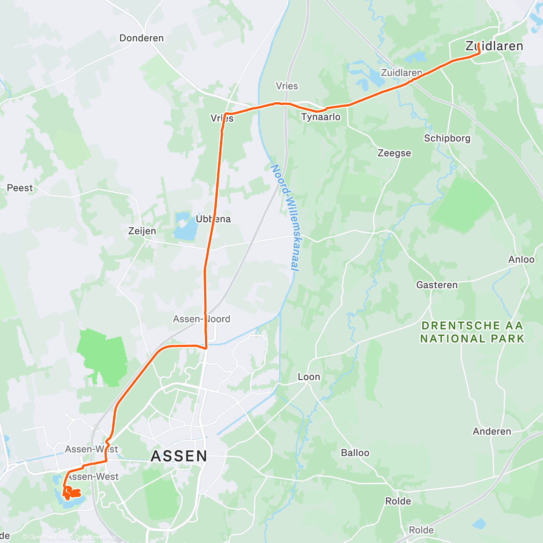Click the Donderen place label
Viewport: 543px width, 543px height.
(x=141, y=38)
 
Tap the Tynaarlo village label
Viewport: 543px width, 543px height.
(x=321, y=117)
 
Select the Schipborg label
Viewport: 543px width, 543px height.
(x=447, y=138)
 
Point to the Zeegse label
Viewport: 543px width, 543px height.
(x=394, y=153)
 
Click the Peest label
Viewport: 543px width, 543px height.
(x=20, y=188)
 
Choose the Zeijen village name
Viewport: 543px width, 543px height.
(x=142, y=231)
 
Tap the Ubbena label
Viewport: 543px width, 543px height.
(x=213, y=219)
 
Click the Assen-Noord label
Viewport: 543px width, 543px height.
(x=201, y=319)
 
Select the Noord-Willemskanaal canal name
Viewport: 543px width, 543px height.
(x=285, y=218)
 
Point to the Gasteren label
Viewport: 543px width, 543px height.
(x=437, y=285)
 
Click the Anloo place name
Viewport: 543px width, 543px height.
(x=521, y=260)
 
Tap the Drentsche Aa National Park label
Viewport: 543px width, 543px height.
(x=472, y=332)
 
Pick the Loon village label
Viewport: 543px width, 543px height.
(x=309, y=377)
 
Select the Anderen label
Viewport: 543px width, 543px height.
(x=492, y=432)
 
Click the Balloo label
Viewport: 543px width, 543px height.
(x=355, y=453)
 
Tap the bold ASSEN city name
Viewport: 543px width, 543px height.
(x=179, y=456)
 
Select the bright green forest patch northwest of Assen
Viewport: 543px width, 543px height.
(x=102, y=355)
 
